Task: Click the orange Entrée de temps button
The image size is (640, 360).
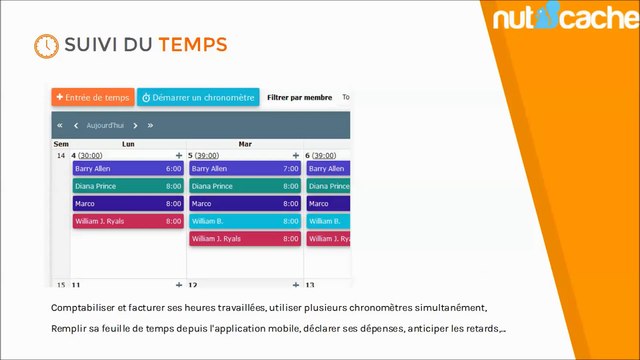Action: (92, 97)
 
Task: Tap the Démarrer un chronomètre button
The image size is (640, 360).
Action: (198, 97)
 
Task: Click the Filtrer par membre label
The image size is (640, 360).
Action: (299, 98)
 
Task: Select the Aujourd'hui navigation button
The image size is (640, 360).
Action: (105, 125)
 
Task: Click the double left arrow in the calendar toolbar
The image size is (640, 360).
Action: (60, 125)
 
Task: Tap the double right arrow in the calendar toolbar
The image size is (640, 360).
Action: (150, 125)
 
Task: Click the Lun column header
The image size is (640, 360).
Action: (128, 144)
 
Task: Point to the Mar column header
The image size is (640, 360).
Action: (245, 144)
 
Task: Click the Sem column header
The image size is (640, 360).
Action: (60, 144)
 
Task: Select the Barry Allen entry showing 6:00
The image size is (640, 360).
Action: (127, 169)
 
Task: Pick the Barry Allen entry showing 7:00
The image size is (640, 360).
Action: (244, 169)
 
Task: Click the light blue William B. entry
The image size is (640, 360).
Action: (244, 221)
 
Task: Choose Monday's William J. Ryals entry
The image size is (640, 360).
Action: (127, 221)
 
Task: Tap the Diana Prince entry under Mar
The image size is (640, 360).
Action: (244, 186)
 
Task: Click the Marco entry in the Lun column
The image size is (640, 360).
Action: (127, 203)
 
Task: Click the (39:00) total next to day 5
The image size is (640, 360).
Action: (207, 156)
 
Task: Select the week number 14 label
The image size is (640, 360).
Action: (60, 156)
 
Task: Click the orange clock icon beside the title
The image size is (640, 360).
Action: (45, 46)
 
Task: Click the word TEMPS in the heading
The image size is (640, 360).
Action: (192, 45)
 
